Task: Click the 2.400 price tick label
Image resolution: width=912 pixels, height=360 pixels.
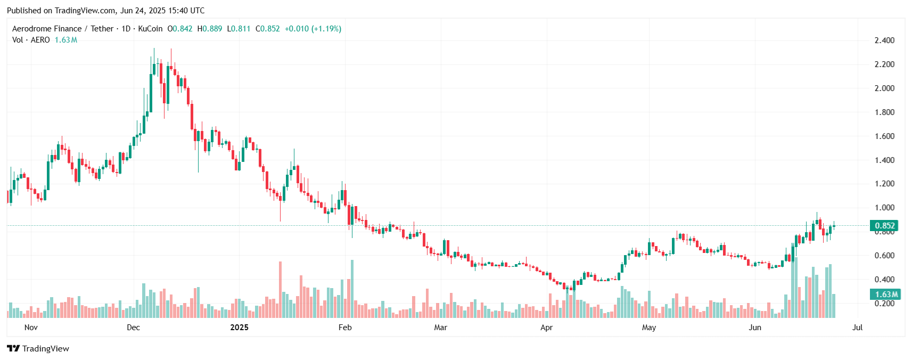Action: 884,40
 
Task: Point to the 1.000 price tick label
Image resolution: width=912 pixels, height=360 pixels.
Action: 884,208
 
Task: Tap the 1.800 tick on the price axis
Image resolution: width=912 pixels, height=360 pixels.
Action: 884,112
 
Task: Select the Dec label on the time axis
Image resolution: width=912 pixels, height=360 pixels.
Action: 133,328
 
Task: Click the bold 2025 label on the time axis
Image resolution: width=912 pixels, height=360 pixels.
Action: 239,328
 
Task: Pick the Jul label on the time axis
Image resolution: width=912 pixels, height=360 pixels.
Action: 857,328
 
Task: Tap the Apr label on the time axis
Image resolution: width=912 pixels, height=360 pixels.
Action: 546,328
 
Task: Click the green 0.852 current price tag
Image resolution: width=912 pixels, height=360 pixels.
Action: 884,226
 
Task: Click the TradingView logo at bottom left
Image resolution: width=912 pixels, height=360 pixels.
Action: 38,349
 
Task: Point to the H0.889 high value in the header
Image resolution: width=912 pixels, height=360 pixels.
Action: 210,29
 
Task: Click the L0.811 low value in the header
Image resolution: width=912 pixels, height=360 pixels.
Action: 239,29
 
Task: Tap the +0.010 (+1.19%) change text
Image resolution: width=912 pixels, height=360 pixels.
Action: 313,29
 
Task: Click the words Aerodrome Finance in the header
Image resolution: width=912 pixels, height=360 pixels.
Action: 47,29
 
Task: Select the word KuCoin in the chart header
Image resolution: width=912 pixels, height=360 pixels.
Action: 150,29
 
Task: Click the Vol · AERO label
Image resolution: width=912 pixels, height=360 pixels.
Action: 31,40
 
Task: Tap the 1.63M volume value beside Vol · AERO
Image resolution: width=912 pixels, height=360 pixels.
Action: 66,40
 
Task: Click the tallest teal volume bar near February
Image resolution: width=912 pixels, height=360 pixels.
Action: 352,289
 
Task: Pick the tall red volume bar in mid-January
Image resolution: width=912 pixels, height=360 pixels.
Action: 280,290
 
